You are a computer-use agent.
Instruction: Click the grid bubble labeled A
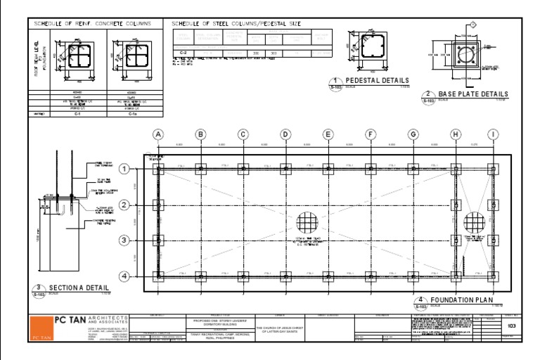point(158,134)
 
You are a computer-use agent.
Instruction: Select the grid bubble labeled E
point(328,134)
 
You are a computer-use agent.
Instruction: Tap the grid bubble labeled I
point(494,134)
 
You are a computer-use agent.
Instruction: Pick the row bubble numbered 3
point(124,241)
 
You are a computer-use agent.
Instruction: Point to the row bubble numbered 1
point(124,169)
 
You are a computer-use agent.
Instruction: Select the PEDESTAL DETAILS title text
point(376,81)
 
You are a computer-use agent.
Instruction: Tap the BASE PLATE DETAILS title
point(472,94)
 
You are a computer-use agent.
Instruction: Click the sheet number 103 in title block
point(511,327)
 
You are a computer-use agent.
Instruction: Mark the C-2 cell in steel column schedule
point(183,53)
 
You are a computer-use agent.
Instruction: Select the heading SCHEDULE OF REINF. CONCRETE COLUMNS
point(93,24)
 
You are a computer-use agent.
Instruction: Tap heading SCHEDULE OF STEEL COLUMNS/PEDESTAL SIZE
point(236,24)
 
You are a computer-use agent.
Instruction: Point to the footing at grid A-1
point(159,169)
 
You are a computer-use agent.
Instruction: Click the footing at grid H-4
point(456,276)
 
